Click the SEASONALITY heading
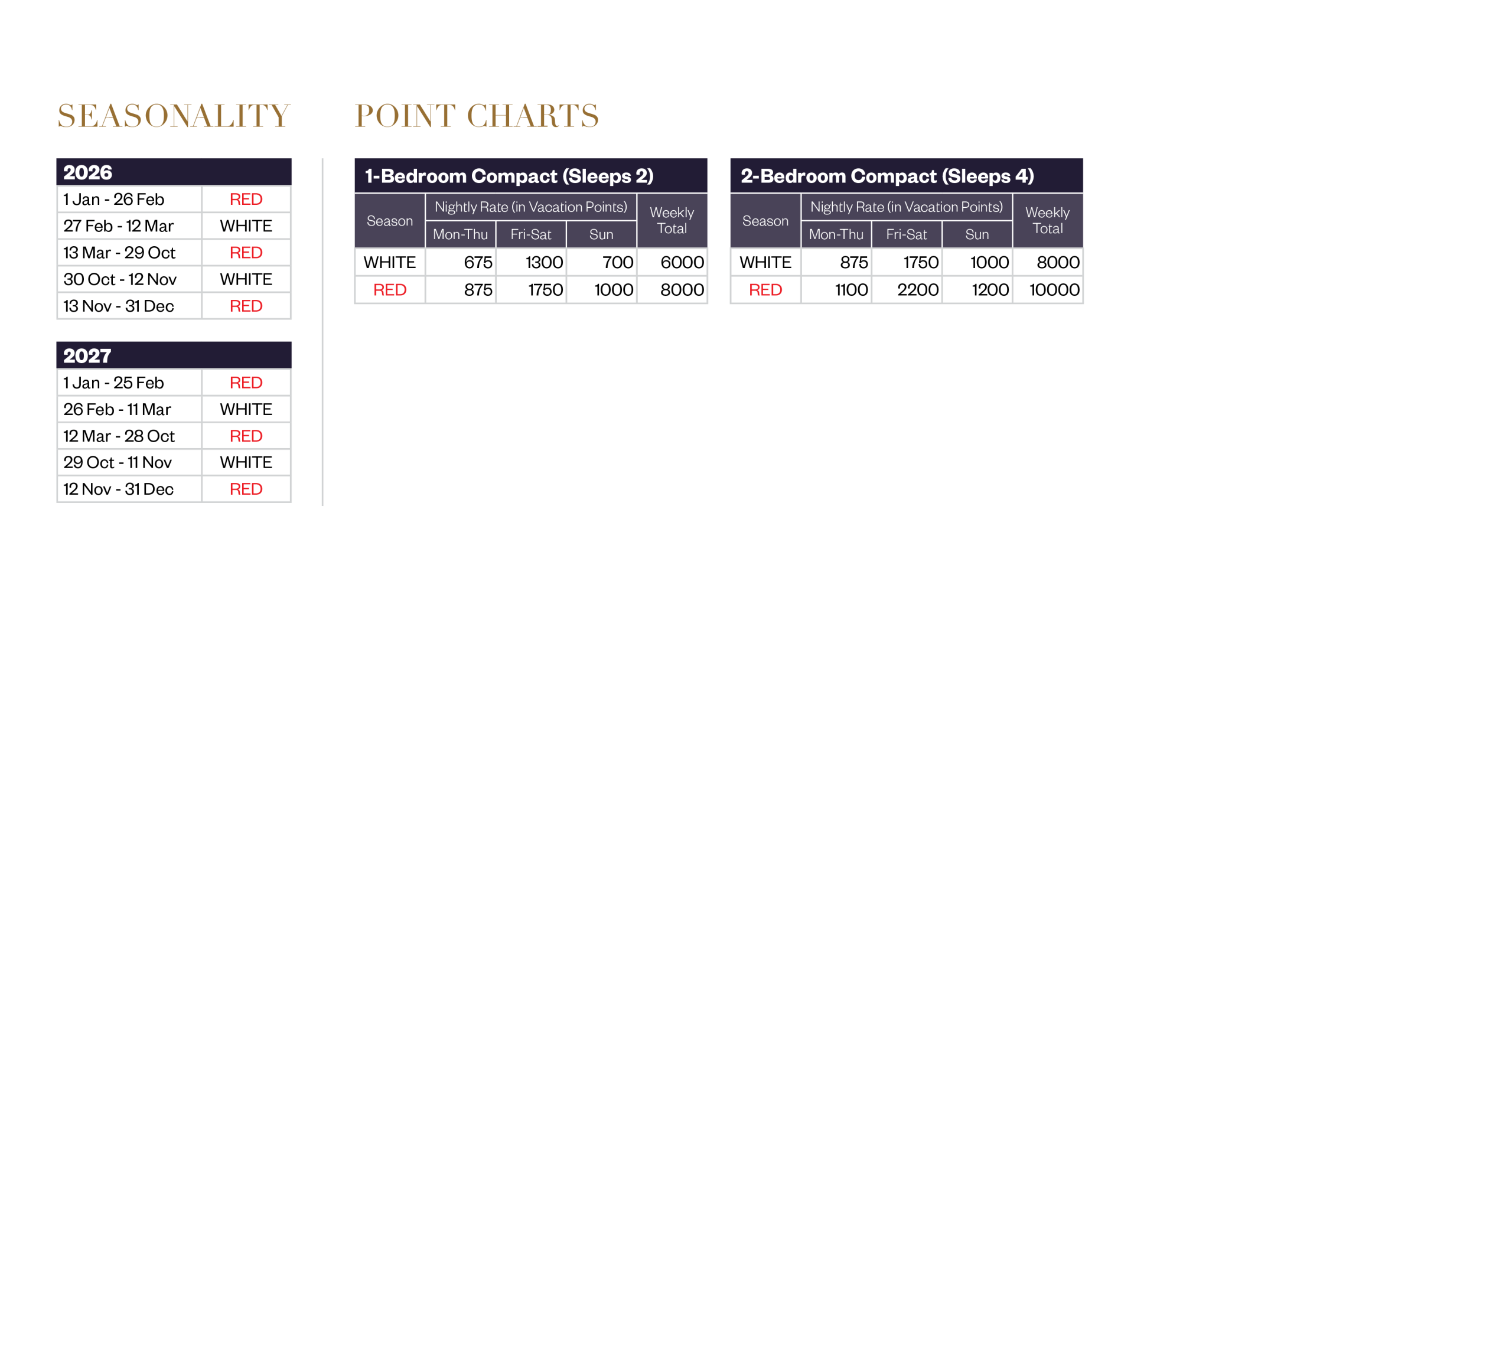pyautogui.click(x=173, y=116)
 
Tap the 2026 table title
pyautogui.click(x=88, y=172)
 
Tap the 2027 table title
pyautogui.click(x=87, y=355)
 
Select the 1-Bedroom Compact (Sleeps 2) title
pyautogui.click(x=509, y=176)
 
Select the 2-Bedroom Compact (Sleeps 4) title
pyautogui.click(x=887, y=176)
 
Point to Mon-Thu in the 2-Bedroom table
pyautogui.click(x=836, y=234)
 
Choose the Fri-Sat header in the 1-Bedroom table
pyautogui.click(x=530, y=234)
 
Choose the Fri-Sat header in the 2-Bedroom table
pyautogui.click(x=906, y=234)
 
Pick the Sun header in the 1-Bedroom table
pyautogui.click(x=601, y=234)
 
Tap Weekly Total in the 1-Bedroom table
pyautogui.click(x=672, y=220)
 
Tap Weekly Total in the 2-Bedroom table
pyautogui.click(x=1047, y=220)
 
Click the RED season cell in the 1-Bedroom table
pyautogui.click(x=390, y=290)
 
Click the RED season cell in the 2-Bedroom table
pyautogui.click(x=766, y=290)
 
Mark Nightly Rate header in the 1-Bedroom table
pyautogui.click(x=530, y=207)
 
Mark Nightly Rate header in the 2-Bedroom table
pyautogui.click(x=906, y=207)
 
